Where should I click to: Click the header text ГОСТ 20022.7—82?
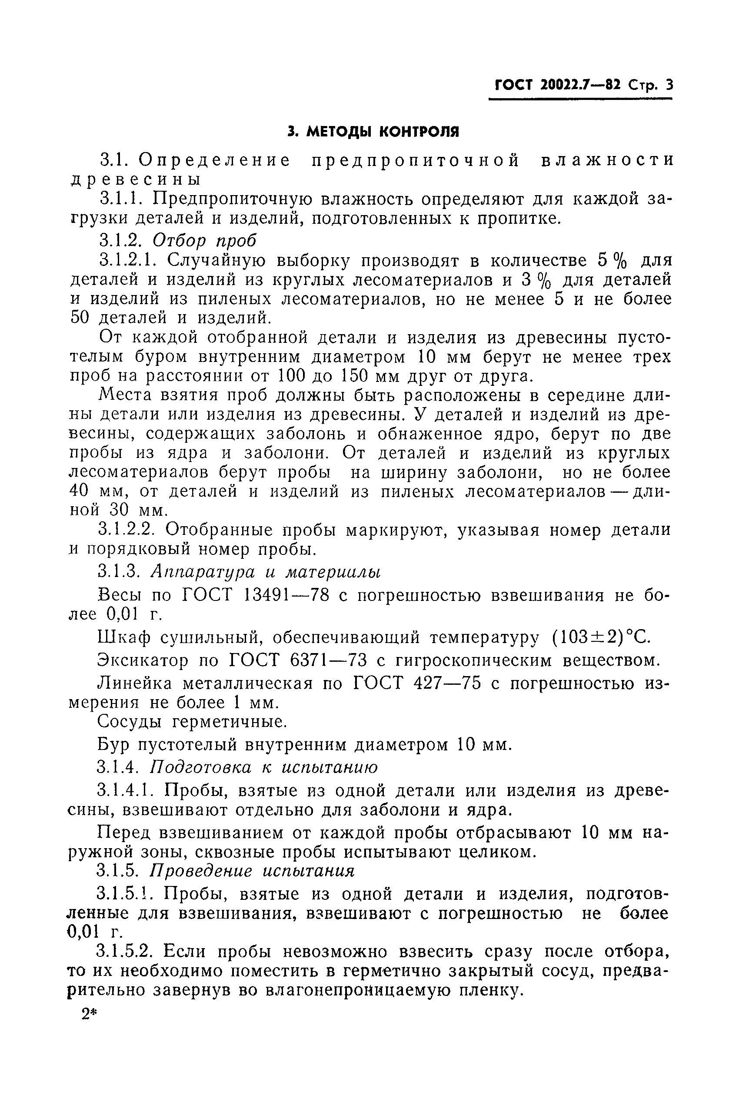click(558, 85)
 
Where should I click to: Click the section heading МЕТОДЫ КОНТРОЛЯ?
click(383, 131)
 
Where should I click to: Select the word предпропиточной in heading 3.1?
click(416, 161)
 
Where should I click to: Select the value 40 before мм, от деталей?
click(79, 491)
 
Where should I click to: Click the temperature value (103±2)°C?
click(601, 638)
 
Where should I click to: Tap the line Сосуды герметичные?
click(192, 721)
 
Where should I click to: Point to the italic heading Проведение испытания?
click(252, 870)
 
